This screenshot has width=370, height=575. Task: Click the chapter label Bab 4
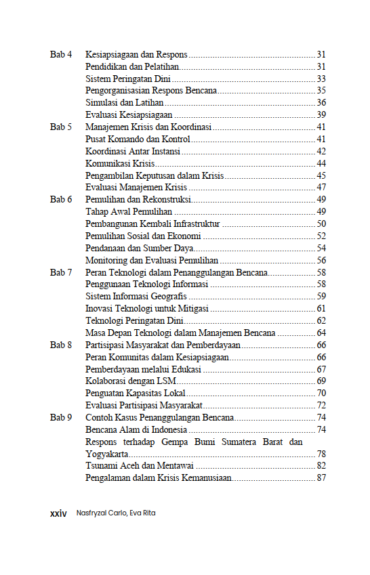pos(61,54)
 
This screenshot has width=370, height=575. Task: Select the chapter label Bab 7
pos(61,272)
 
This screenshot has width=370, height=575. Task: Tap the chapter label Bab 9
pos(61,418)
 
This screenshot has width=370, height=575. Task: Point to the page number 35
pos(321,91)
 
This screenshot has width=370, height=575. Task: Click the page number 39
pos(321,115)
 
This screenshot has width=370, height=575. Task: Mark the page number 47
pos(321,188)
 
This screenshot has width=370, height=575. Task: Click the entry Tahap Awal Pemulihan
pos(129,212)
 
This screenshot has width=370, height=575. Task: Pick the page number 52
pos(321,236)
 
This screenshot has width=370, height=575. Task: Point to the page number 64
pos(321,333)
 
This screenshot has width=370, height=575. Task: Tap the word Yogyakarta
pos(107,454)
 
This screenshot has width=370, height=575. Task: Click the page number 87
pos(321,478)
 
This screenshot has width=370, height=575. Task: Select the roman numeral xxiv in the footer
pos(59,513)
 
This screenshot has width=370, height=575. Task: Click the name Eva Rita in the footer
pos(142,513)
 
